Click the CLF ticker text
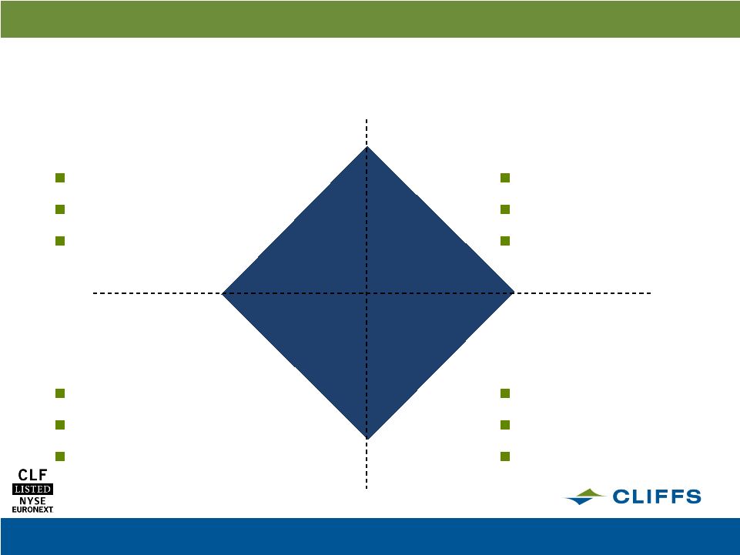click(32, 475)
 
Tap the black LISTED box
click(32, 489)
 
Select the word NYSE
click(32, 500)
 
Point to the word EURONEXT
click(32, 510)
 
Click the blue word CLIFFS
click(657, 496)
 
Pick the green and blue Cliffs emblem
click(584, 497)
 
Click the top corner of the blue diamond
click(367, 147)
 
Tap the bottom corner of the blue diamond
click(367, 440)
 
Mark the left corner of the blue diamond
click(222, 293)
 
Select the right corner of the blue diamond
click(514, 293)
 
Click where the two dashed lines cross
click(367, 293)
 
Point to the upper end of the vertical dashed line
click(367, 119)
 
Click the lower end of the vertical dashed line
click(367, 489)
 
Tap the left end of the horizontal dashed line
click(93, 293)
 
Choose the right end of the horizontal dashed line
click(651, 293)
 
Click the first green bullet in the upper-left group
click(60, 178)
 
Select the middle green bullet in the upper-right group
click(505, 209)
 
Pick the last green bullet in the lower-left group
click(60, 456)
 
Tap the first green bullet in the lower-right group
click(505, 393)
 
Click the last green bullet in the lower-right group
click(505, 456)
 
